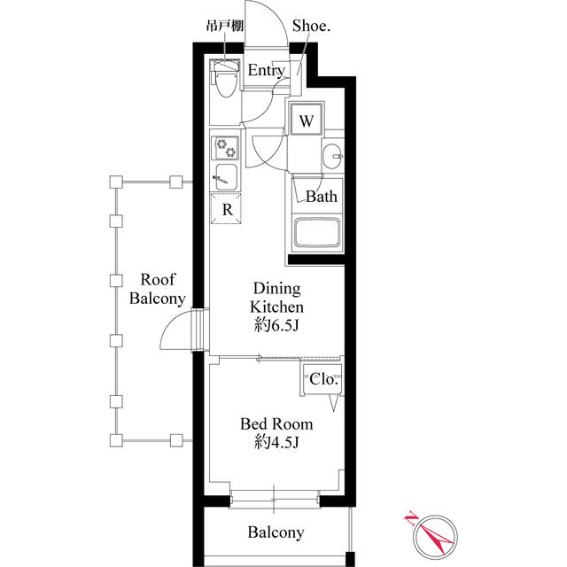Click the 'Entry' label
[x=266, y=71]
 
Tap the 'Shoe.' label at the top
[x=307, y=27]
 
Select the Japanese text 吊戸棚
[x=225, y=27]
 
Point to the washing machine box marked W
[x=306, y=120]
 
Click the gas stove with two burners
[x=225, y=146]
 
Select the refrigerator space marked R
[x=227, y=209]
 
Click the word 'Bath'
[x=322, y=197]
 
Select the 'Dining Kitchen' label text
[x=278, y=298]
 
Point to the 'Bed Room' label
[x=276, y=424]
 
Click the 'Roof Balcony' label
[x=157, y=289]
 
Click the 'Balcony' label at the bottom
[x=276, y=532]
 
